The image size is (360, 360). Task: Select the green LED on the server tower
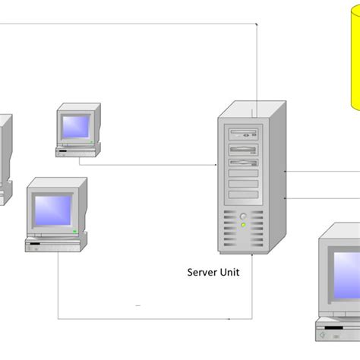243,224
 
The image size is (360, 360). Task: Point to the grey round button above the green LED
243,216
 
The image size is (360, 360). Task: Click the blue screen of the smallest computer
76,125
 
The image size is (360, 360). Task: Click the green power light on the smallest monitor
90,141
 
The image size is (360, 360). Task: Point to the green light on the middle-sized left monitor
74,229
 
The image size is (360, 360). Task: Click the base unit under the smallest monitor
76,152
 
